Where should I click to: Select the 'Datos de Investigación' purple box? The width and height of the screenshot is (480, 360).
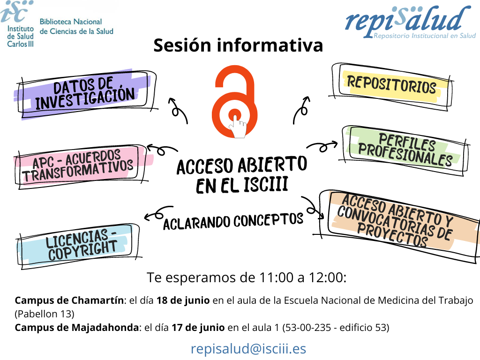pyautogui.click(x=85, y=94)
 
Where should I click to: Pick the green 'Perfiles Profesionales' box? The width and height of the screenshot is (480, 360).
pyautogui.click(x=405, y=150)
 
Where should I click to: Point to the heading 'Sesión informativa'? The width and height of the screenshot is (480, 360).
pyautogui.click(x=238, y=45)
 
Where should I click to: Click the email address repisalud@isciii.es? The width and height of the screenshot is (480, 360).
pyautogui.click(x=248, y=349)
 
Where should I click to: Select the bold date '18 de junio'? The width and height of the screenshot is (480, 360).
pyautogui.click(x=183, y=300)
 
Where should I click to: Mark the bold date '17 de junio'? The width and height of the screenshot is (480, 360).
pyautogui.click(x=198, y=328)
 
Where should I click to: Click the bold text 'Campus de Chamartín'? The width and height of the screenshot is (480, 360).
pyautogui.click(x=69, y=300)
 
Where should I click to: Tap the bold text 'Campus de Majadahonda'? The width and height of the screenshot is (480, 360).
pyautogui.click(x=76, y=328)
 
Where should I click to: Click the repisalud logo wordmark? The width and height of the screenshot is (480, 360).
pyautogui.click(x=410, y=22)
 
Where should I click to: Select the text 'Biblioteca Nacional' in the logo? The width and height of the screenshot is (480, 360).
pyautogui.click(x=71, y=22)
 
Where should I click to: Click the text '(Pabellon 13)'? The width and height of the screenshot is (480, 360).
pyautogui.click(x=45, y=314)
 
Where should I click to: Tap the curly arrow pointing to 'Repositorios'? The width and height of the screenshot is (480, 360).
pyautogui.click(x=302, y=110)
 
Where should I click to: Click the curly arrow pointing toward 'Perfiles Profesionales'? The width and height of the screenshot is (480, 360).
pyautogui.click(x=322, y=147)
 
